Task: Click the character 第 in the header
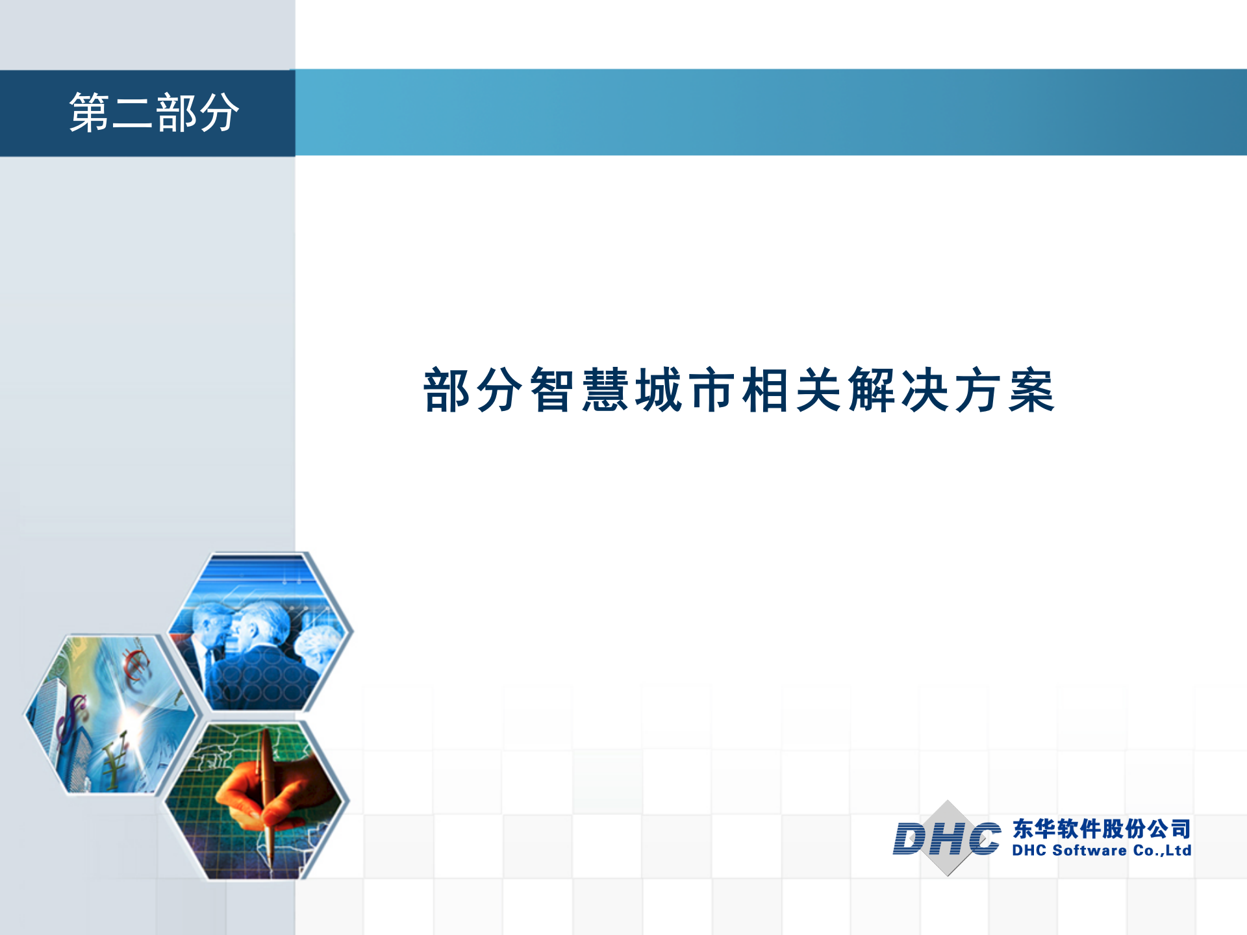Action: (89, 113)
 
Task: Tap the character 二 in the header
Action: (132, 113)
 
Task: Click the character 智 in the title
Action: (552, 390)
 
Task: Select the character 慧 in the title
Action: (605, 390)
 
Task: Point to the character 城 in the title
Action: (659, 390)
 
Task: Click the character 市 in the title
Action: (712, 390)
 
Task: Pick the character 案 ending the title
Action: (1031, 390)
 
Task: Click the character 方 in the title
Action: (978, 390)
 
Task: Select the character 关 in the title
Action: (818, 390)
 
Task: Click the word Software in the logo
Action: (1089, 851)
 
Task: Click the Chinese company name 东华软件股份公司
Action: (1102, 829)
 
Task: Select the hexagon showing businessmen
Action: (260, 633)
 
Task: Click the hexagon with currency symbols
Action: (110, 714)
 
